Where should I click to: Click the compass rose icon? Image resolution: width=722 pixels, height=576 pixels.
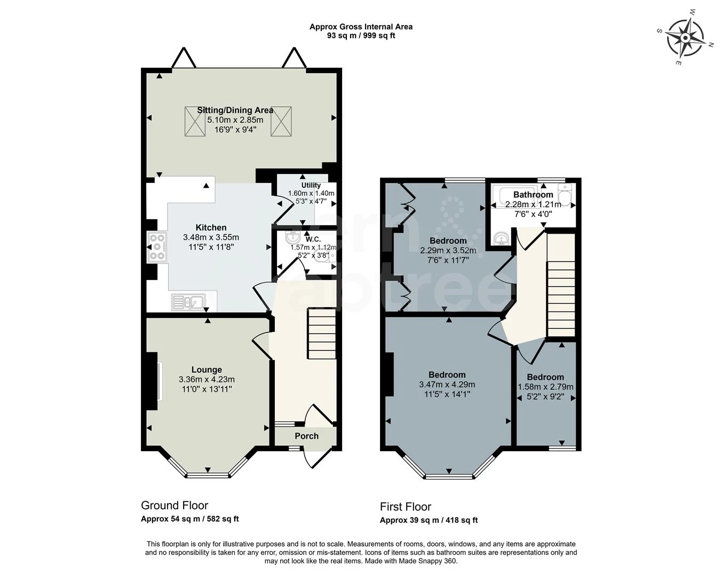[x=685, y=38]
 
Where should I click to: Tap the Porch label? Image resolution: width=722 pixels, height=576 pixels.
[x=307, y=436]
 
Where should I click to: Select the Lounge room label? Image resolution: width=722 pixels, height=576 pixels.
[x=207, y=370]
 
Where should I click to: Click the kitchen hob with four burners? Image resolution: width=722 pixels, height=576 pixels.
[x=157, y=247]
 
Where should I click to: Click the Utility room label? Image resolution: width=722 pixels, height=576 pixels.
[x=311, y=185]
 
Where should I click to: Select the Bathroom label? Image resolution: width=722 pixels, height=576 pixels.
[x=533, y=195]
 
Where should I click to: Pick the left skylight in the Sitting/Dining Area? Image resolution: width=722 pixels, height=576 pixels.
[x=195, y=121]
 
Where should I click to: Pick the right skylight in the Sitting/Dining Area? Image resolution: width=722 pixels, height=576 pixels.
[x=281, y=121]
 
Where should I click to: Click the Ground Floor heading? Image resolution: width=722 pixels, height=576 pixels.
[x=174, y=505]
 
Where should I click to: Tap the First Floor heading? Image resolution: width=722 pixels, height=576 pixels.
[x=406, y=507]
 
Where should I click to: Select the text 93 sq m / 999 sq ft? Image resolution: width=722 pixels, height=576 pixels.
[x=361, y=36]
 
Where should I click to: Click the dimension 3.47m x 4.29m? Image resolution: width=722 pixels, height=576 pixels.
[x=447, y=385]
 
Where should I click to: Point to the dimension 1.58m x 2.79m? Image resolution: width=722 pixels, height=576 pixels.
[x=545, y=387]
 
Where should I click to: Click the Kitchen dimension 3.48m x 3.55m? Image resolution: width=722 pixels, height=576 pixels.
[x=211, y=237]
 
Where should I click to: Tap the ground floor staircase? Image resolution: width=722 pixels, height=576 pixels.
[x=321, y=335]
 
